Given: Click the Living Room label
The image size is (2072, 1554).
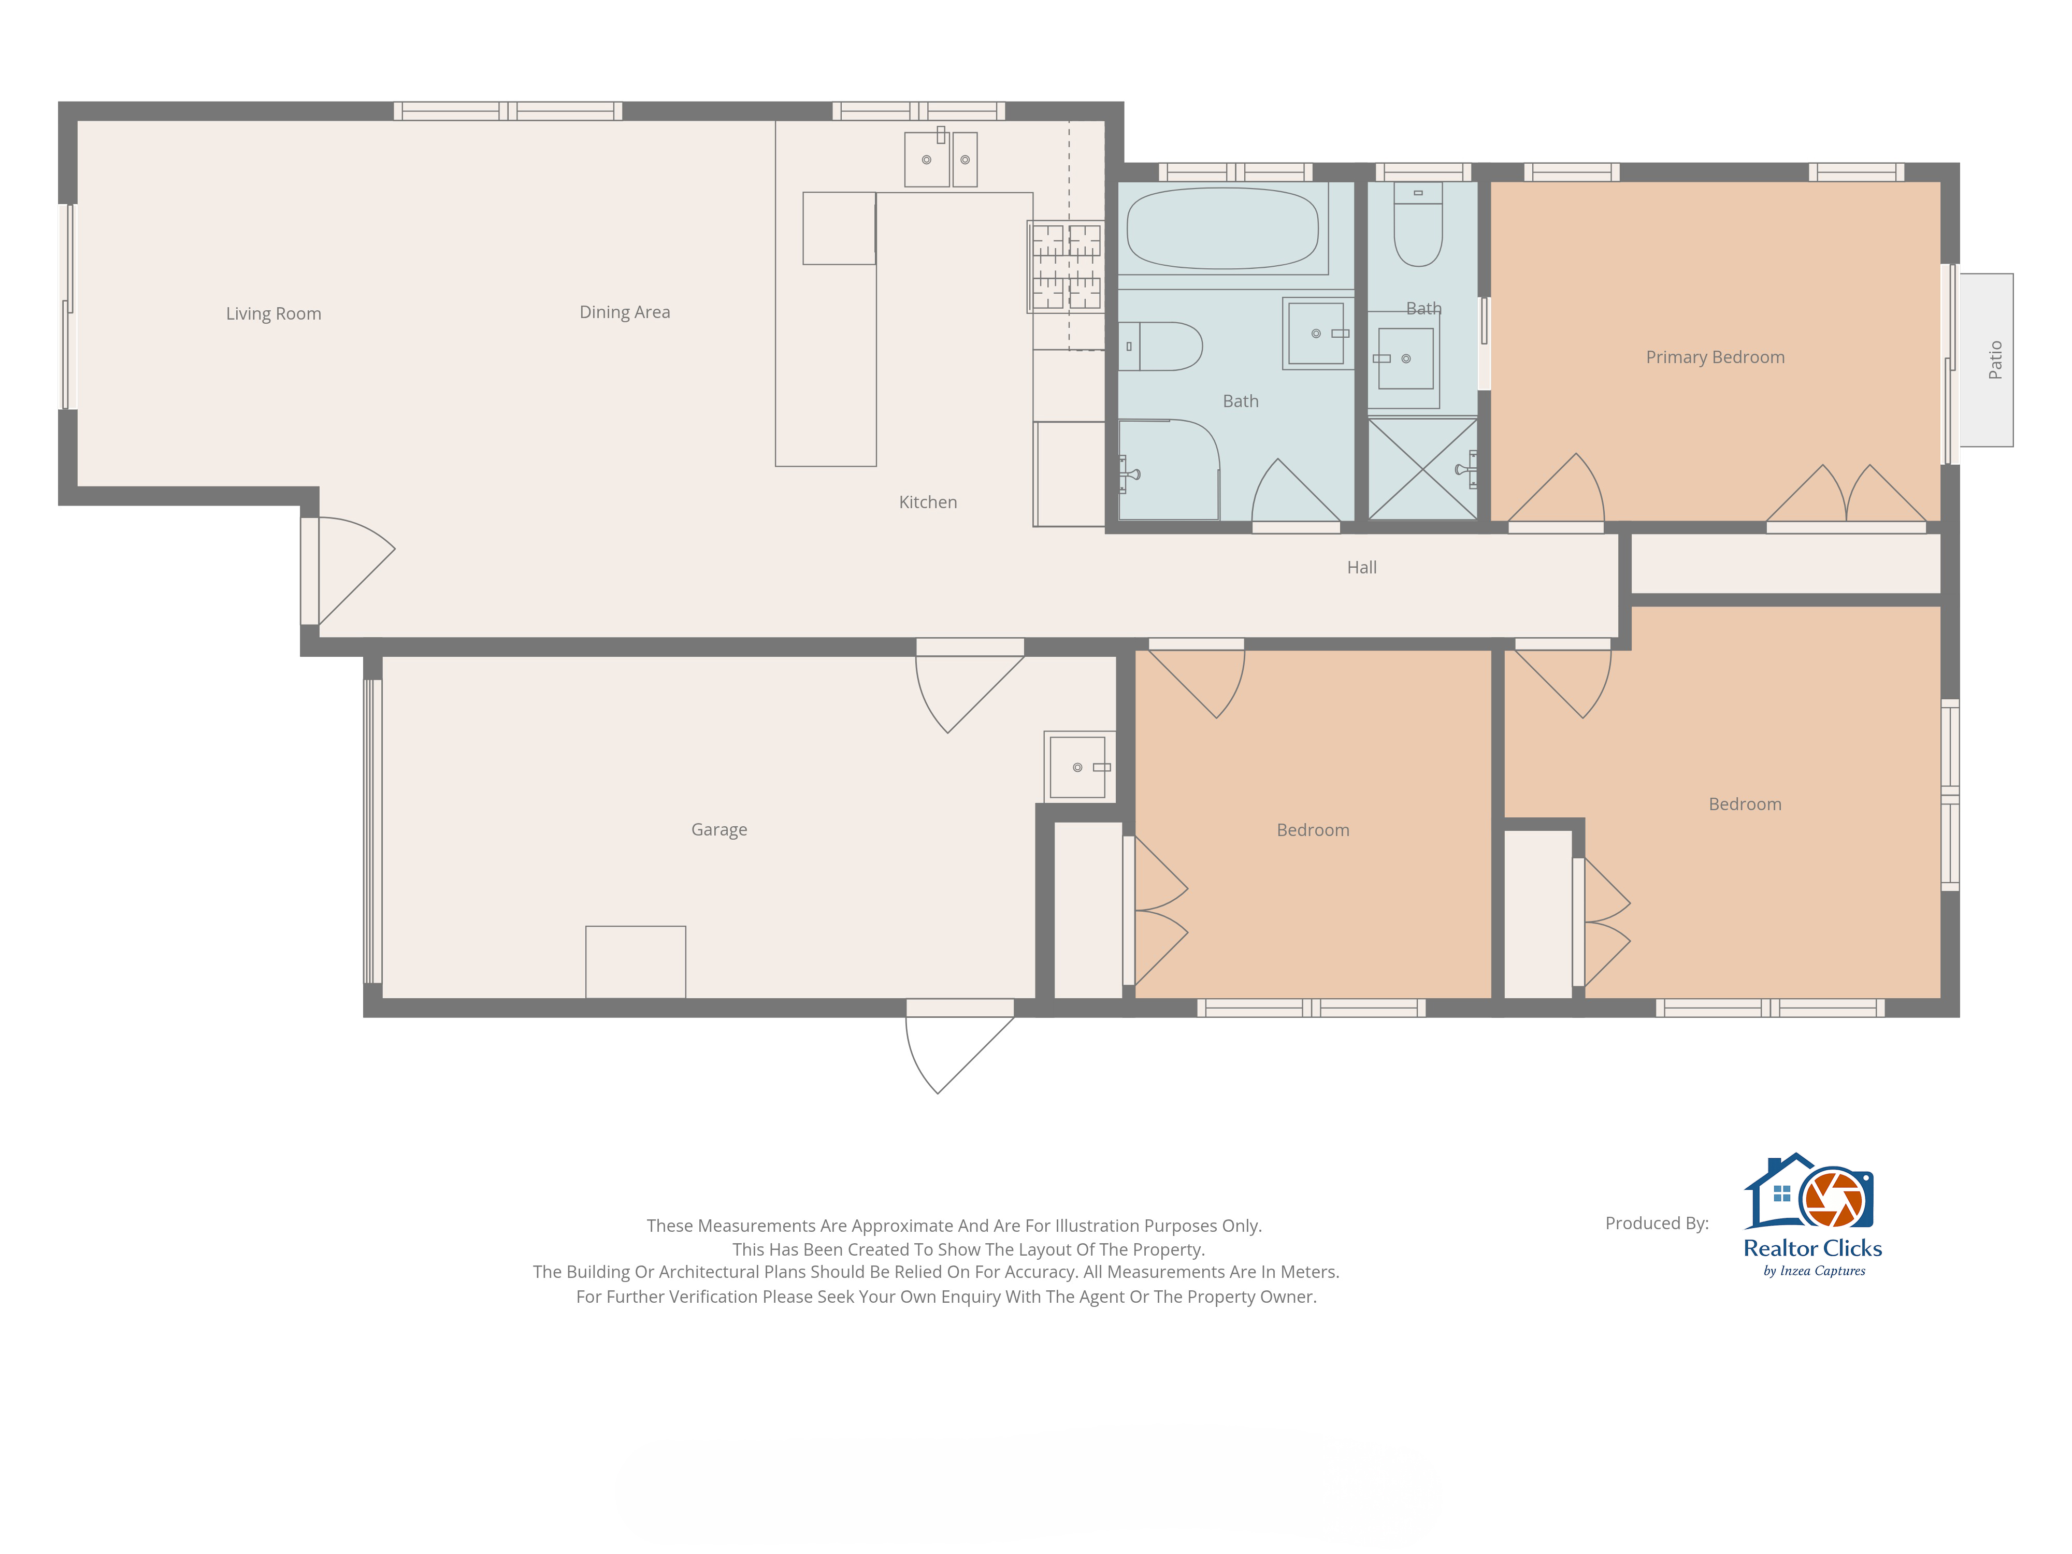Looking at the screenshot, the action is [274, 314].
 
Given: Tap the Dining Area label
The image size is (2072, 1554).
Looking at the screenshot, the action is [625, 312].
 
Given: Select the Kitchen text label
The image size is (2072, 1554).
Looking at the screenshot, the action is [928, 502].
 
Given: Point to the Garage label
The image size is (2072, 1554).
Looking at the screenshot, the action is [720, 830].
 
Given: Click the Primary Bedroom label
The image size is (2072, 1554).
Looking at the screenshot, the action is [1715, 357].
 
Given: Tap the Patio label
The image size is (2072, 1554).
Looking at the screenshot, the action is [1995, 359].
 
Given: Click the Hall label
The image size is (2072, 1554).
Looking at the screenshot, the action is [1362, 568].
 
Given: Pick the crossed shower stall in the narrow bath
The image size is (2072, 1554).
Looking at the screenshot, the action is [1423, 468].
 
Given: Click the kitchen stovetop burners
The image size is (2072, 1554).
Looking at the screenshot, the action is [1066, 267].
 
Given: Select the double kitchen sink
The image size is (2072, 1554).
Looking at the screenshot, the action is [941, 159].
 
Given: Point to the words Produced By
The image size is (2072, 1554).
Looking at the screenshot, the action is [1657, 1224].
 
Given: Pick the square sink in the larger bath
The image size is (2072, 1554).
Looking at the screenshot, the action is [1317, 334].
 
